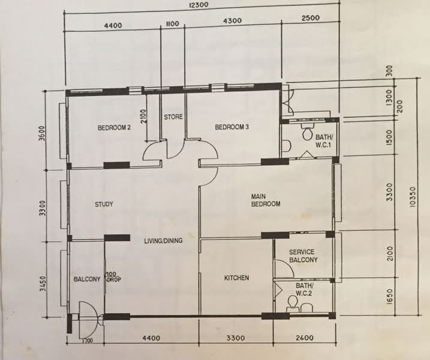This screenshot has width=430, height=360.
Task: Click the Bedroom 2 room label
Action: point(114,127)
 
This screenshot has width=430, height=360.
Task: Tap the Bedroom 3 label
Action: point(231,127)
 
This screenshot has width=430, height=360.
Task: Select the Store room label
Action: point(173,116)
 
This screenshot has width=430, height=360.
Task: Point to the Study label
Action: point(104,205)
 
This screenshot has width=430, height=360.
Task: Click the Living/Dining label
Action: point(163,241)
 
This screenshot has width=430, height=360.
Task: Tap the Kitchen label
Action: point(236,278)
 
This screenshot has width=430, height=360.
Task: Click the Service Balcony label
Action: point(303,256)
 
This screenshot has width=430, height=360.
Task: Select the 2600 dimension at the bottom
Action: point(304,338)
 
